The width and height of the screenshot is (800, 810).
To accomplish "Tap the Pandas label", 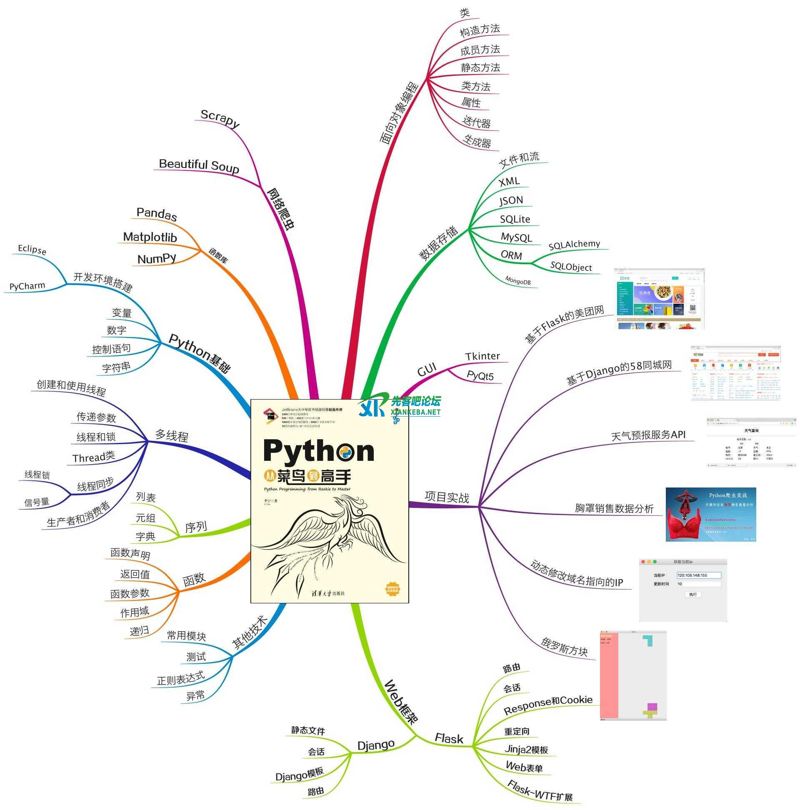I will (156, 214).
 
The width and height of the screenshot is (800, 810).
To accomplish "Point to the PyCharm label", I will (27, 286).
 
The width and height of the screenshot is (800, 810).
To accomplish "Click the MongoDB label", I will (517, 280).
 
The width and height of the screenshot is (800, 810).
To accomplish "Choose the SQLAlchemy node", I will (574, 245).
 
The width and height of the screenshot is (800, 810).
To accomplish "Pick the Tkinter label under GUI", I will (482, 356).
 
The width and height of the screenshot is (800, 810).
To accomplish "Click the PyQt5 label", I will (480, 376).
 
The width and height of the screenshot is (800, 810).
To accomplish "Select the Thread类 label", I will (93, 457).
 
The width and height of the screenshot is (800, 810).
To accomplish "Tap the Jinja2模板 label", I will (526, 749).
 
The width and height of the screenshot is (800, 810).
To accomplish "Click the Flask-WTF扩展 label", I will (540, 791).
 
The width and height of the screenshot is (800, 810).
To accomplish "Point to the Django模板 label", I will (299, 773).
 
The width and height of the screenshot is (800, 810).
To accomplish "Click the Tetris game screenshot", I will (632, 675).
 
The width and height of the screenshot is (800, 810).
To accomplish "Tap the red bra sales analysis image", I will (711, 514).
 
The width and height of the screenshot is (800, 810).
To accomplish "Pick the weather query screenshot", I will (751, 442).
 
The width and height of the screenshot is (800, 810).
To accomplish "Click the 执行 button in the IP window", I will (692, 594).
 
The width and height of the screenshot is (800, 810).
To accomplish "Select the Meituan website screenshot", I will (659, 298).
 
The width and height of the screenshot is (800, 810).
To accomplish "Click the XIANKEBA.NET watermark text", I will (415, 412).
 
